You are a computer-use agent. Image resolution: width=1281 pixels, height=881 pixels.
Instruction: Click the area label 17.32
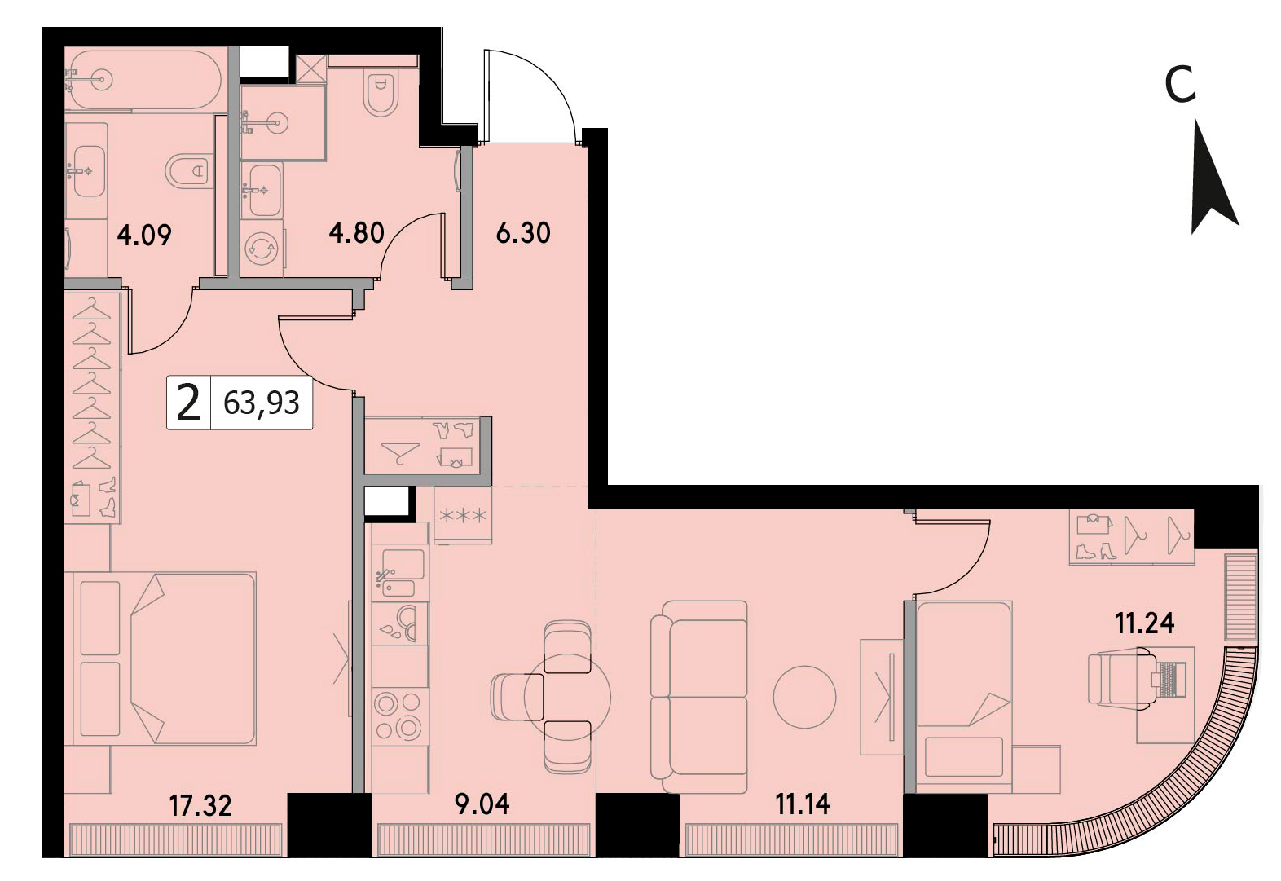[x=200, y=805]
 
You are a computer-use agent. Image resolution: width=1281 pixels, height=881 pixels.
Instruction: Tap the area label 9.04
[x=482, y=804]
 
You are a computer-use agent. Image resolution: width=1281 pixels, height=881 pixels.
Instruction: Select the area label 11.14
[x=803, y=804]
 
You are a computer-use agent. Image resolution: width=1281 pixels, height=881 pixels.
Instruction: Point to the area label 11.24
[x=1145, y=623]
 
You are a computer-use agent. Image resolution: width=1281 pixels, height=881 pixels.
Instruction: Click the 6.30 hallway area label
[x=523, y=233]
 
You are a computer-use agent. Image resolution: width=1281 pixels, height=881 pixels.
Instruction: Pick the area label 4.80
[x=356, y=233]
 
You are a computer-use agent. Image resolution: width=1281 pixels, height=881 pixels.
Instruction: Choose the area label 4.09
[x=144, y=236]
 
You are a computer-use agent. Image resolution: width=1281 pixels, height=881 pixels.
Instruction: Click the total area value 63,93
[x=262, y=403]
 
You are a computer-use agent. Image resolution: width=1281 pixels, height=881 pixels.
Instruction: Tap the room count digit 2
[x=189, y=403]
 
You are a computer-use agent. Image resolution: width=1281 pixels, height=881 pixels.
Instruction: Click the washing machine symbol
[x=262, y=249]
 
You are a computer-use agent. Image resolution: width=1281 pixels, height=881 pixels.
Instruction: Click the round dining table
[x=567, y=697]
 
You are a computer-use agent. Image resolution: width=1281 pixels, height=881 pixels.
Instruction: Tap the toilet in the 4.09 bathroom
[x=187, y=170]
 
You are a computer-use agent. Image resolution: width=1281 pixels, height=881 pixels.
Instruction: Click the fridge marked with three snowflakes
[x=463, y=515]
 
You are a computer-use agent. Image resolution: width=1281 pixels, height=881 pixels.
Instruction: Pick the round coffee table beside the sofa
[x=804, y=697]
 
